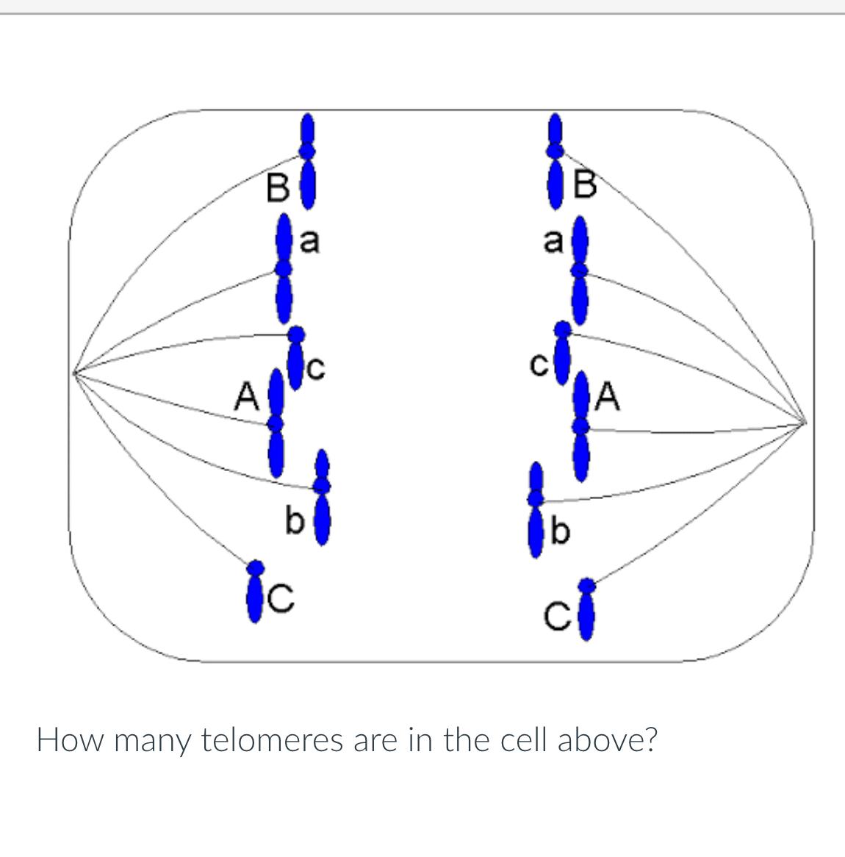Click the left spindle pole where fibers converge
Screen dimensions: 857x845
74,371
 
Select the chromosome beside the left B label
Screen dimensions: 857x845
309,161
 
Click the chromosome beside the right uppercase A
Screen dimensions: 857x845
581,426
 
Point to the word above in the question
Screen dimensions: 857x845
606,740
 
